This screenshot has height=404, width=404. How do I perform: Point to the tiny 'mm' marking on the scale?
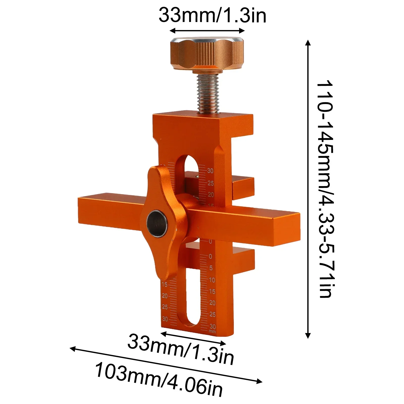click(212, 331)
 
